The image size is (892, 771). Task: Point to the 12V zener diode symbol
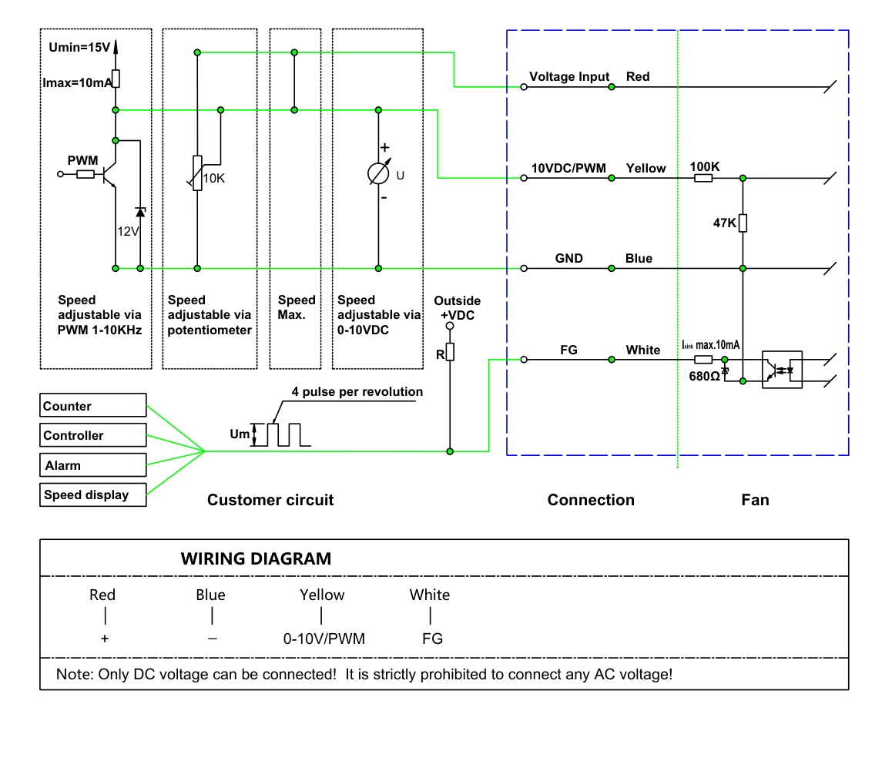tap(140, 213)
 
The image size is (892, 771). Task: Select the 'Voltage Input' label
tap(569, 77)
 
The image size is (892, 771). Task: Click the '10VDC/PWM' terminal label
tap(568, 169)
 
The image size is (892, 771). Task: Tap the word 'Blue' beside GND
tap(639, 258)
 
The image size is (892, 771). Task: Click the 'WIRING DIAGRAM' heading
tap(256, 558)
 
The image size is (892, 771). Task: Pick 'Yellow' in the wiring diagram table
tap(322, 595)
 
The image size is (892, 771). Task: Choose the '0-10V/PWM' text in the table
tap(324, 639)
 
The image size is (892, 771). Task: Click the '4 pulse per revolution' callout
tap(357, 391)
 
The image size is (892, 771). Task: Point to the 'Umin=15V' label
tap(79, 47)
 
